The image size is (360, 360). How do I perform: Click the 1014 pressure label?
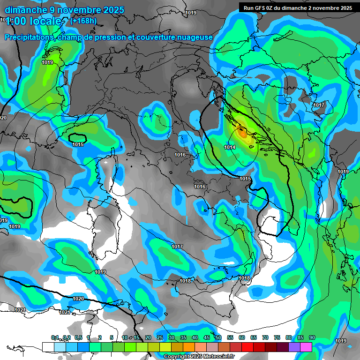click(230, 147)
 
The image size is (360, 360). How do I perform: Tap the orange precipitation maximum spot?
click(242, 133)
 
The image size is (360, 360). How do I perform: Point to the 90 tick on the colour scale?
click(312, 337)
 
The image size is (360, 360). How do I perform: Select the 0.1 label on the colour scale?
click(55, 337)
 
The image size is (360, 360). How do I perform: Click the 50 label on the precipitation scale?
click(218, 337)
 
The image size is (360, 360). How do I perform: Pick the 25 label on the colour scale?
click(159, 337)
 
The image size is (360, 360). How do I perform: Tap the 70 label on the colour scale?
click(265, 337)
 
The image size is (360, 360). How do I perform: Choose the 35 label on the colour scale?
click(183, 337)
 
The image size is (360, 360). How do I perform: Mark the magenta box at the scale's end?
click(306, 347)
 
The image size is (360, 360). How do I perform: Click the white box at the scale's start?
click(48, 347)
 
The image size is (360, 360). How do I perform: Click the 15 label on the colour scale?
click(136, 337)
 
